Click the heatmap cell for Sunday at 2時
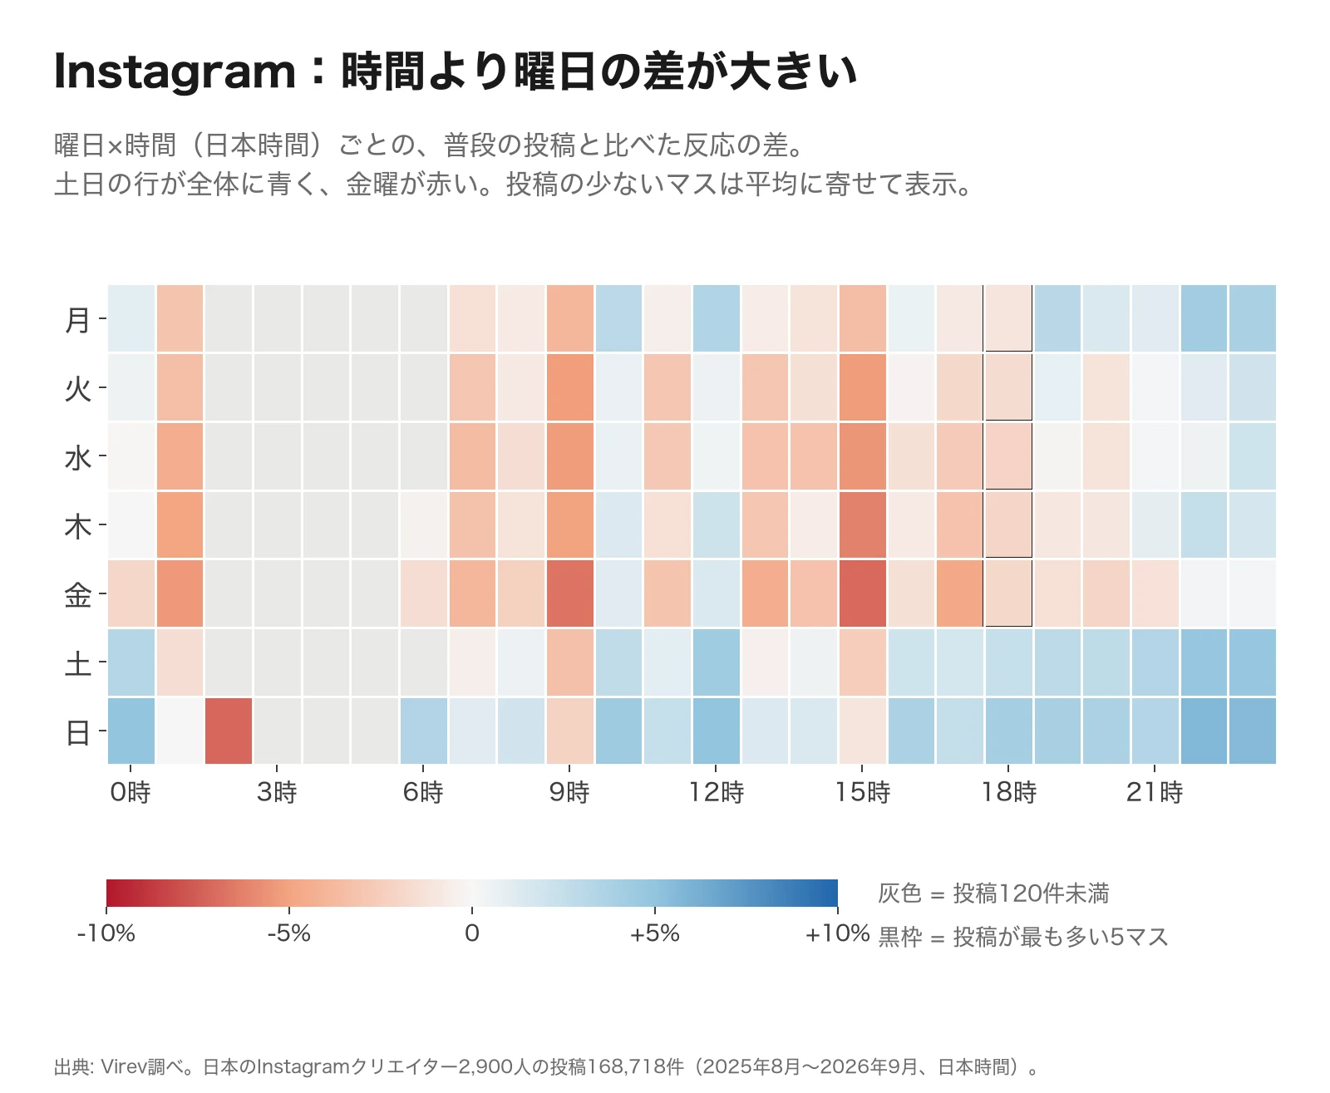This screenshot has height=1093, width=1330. pyautogui.click(x=229, y=731)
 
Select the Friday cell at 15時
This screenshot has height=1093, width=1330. pyautogui.click(x=862, y=593)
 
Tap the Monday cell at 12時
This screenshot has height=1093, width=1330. pyautogui.click(x=716, y=318)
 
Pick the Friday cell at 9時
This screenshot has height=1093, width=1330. pyautogui.click(x=569, y=593)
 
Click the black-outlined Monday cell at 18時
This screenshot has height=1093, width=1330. pyautogui.click(x=1007, y=318)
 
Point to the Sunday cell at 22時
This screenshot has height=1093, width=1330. pyautogui.click(x=1204, y=731)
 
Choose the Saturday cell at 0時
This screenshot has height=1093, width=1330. pyautogui.click(x=131, y=662)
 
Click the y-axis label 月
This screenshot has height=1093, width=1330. pyautogui.click(x=78, y=320)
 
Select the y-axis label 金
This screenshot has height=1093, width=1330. pyautogui.click(x=78, y=594)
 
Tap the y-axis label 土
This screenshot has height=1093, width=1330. pyautogui.click(x=78, y=663)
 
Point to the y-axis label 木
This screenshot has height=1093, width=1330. pyautogui.click(x=78, y=526)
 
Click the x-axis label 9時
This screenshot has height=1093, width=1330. pyautogui.click(x=569, y=792)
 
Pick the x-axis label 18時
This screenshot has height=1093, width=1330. pyautogui.click(x=1007, y=792)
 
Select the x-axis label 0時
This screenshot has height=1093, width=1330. pyautogui.click(x=131, y=792)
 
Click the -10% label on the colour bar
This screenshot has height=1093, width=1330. pyautogui.click(x=106, y=933)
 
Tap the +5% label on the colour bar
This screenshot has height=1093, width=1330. pyautogui.click(x=654, y=933)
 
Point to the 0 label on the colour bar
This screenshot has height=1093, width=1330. pyautogui.click(x=471, y=933)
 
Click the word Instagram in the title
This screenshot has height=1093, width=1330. pyautogui.click(x=175, y=72)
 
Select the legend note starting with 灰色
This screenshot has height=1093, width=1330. pyautogui.click(x=993, y=893)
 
